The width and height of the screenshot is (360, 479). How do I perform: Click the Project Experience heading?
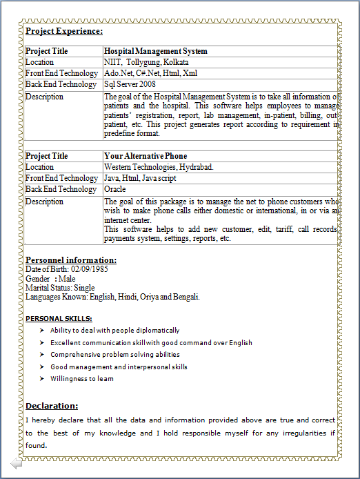coord(64,31)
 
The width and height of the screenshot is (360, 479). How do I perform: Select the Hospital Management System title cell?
coord(155,51)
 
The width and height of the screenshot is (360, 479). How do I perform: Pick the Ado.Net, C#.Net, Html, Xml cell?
coord(150,73)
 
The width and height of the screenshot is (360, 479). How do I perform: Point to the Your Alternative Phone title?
coord(146,156)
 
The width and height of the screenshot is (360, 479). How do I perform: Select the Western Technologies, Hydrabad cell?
coord(159,167)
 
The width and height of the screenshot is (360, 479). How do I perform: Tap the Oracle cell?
coord(115,189)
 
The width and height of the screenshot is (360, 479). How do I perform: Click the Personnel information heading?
coord(71,260)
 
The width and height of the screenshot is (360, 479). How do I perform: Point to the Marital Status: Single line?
coord(60,287)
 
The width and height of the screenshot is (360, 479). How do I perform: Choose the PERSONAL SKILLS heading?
coord(59,319)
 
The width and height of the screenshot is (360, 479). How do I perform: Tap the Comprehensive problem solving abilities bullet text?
coord(114,355)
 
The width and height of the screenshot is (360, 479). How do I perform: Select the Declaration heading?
coord(52,406)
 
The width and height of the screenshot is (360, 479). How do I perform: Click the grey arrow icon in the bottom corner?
coord(16,464)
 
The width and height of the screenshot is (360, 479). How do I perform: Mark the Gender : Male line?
coord(50,278)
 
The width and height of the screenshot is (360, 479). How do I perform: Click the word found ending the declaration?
coord(36,445)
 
